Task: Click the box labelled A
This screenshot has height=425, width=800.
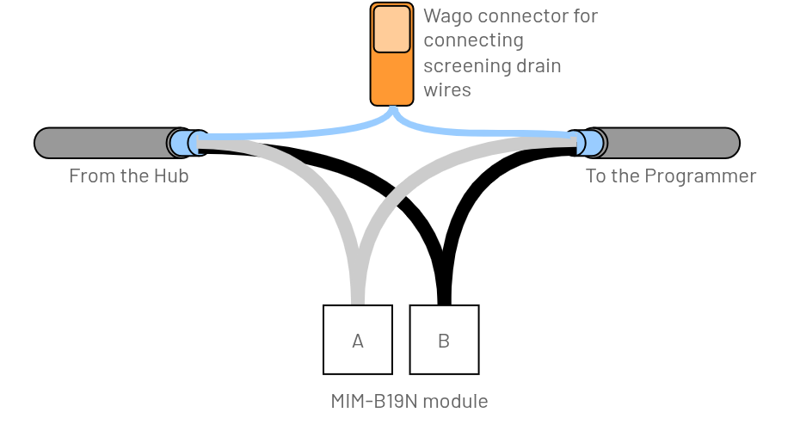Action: pyautogui.click(x=358, y=340)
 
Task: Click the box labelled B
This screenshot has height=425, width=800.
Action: pyautogui.click(x=444, y=340)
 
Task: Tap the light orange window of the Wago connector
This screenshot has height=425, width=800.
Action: pyautogui.click(x=392, y=28)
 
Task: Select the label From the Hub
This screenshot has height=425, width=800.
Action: pyautogui.click(x=129, y=176)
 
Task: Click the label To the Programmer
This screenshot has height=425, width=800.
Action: pyautogui.click(x=671, y=176)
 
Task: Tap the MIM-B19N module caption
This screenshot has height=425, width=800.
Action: pyautogui.click(x=409, y=401)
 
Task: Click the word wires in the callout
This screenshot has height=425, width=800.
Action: pyautogui.click(x=447, y=90)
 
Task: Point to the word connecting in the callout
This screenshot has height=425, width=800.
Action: pyautogui.click(x=473, y=40)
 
